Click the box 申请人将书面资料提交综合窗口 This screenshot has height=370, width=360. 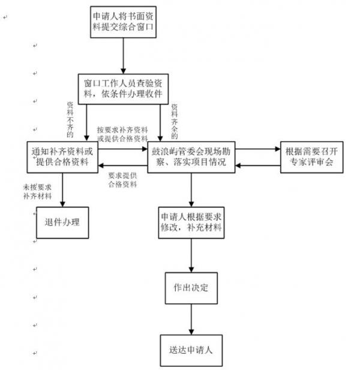(x=124, y=22)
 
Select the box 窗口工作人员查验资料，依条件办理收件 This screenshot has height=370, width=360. (x=124, y=89)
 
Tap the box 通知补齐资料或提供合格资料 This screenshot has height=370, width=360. (x=62, y=157)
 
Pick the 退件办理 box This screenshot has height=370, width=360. (x=62, y=222)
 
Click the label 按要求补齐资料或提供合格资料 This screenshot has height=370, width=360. (x=122, y=133)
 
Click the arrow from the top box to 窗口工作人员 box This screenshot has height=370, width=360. (x=124, y=55)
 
